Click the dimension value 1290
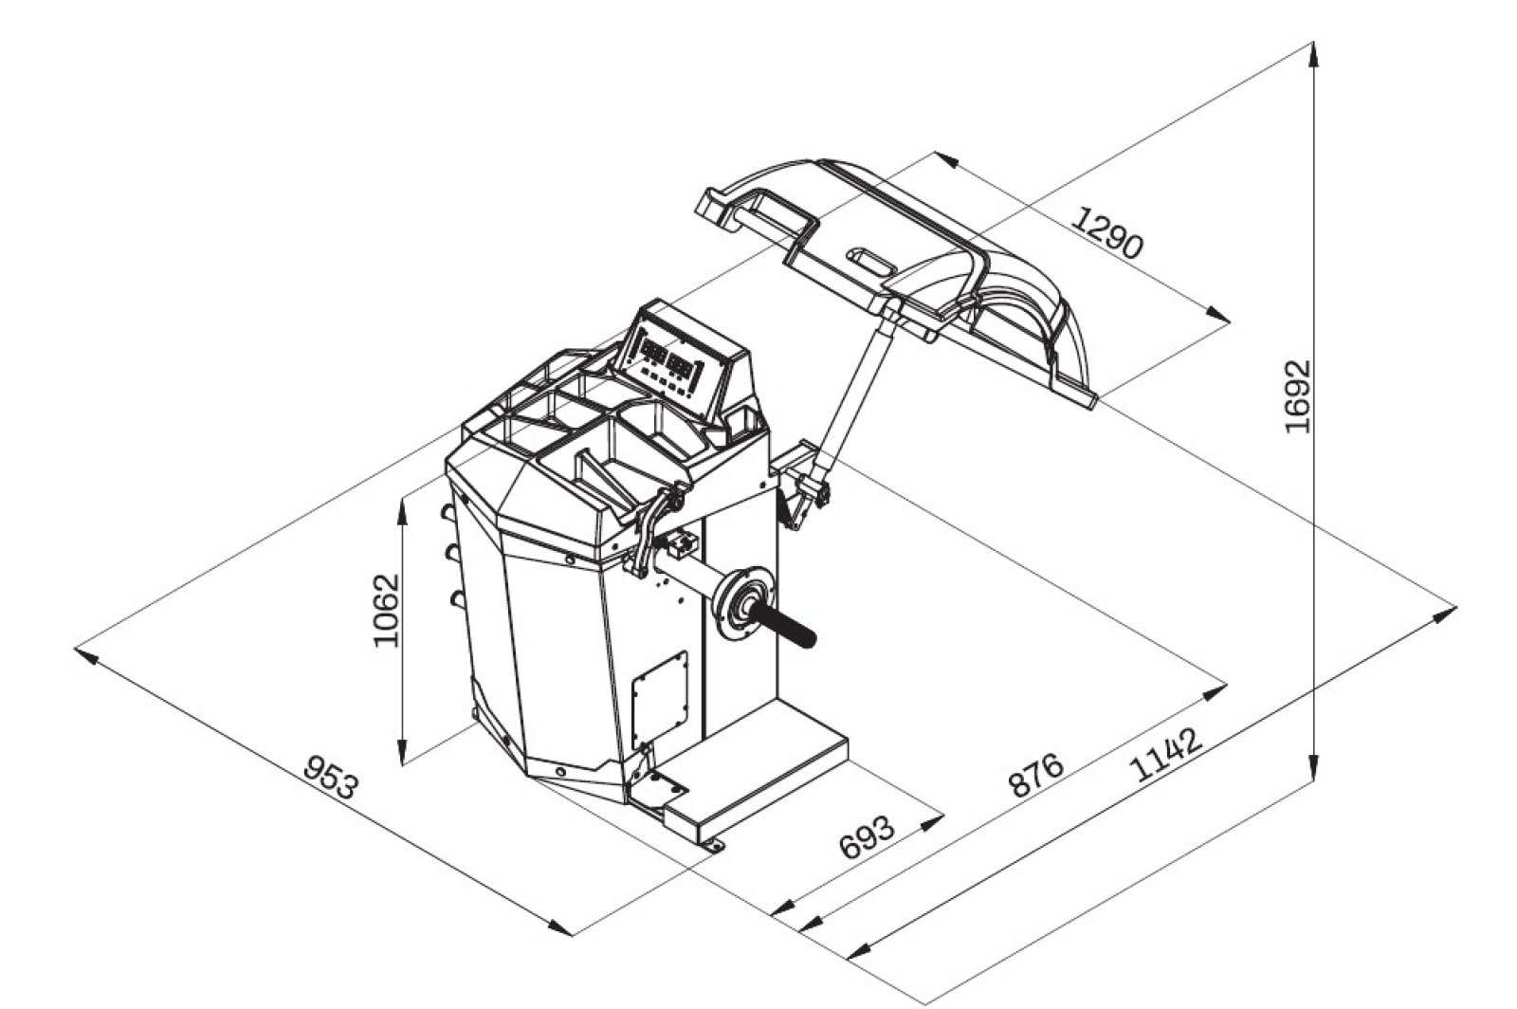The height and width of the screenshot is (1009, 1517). (x=1107, y=233)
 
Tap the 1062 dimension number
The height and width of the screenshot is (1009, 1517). (x=386, y=609)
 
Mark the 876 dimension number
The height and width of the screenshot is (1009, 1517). (x=1035, y=775)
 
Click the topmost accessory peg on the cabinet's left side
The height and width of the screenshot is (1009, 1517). (x=446, y=512)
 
